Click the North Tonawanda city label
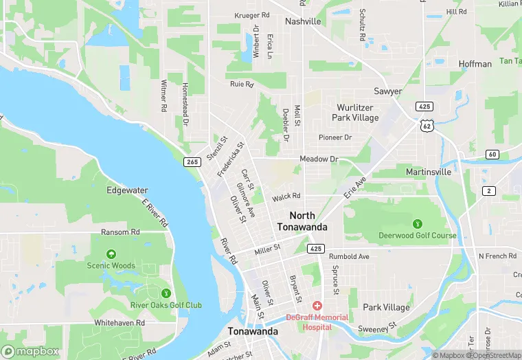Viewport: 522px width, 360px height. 302,221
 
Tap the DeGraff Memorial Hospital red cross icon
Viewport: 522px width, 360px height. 317,305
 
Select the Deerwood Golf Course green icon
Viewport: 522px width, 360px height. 417,223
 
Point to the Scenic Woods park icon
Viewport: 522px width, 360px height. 111,254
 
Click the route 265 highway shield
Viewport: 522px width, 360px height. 192,161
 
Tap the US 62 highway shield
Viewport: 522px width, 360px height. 427,126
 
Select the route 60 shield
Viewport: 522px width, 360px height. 492,154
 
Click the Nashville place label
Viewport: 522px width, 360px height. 303,21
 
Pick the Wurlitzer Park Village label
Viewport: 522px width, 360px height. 356,113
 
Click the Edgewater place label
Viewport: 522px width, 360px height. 127,190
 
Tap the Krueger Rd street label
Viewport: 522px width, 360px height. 251,15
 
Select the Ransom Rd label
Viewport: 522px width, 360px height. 120,232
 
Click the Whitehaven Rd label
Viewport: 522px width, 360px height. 120,322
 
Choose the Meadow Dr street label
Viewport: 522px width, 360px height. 319,159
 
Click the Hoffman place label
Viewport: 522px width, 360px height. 475,64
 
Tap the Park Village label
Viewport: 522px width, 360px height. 386,307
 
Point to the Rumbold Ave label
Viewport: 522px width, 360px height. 350,256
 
